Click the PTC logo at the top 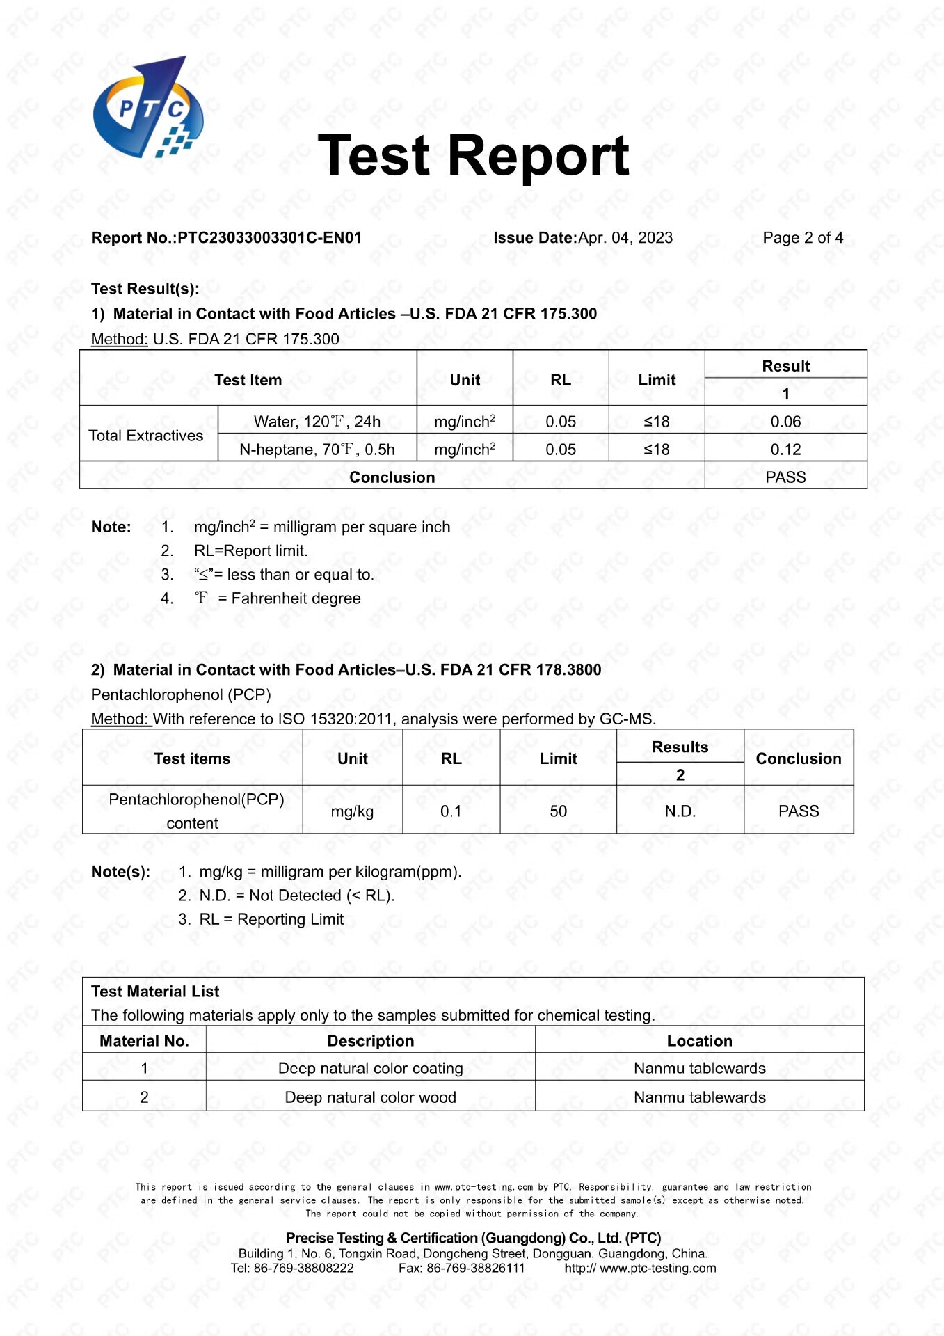148,109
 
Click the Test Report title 473,156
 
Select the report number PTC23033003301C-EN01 269,238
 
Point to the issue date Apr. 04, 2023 625,238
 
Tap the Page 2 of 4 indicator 803,238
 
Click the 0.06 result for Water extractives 785,422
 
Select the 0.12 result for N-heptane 785,450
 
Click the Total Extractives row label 146,436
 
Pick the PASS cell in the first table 785,477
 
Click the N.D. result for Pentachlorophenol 680,811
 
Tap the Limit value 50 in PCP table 558,811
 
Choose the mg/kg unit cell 352,811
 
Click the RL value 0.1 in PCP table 451,811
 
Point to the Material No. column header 144,1041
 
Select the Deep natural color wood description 370,1097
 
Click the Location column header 699,1041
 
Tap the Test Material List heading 155,992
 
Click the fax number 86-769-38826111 476,1268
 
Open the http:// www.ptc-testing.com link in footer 640,1268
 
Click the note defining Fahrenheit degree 278,598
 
